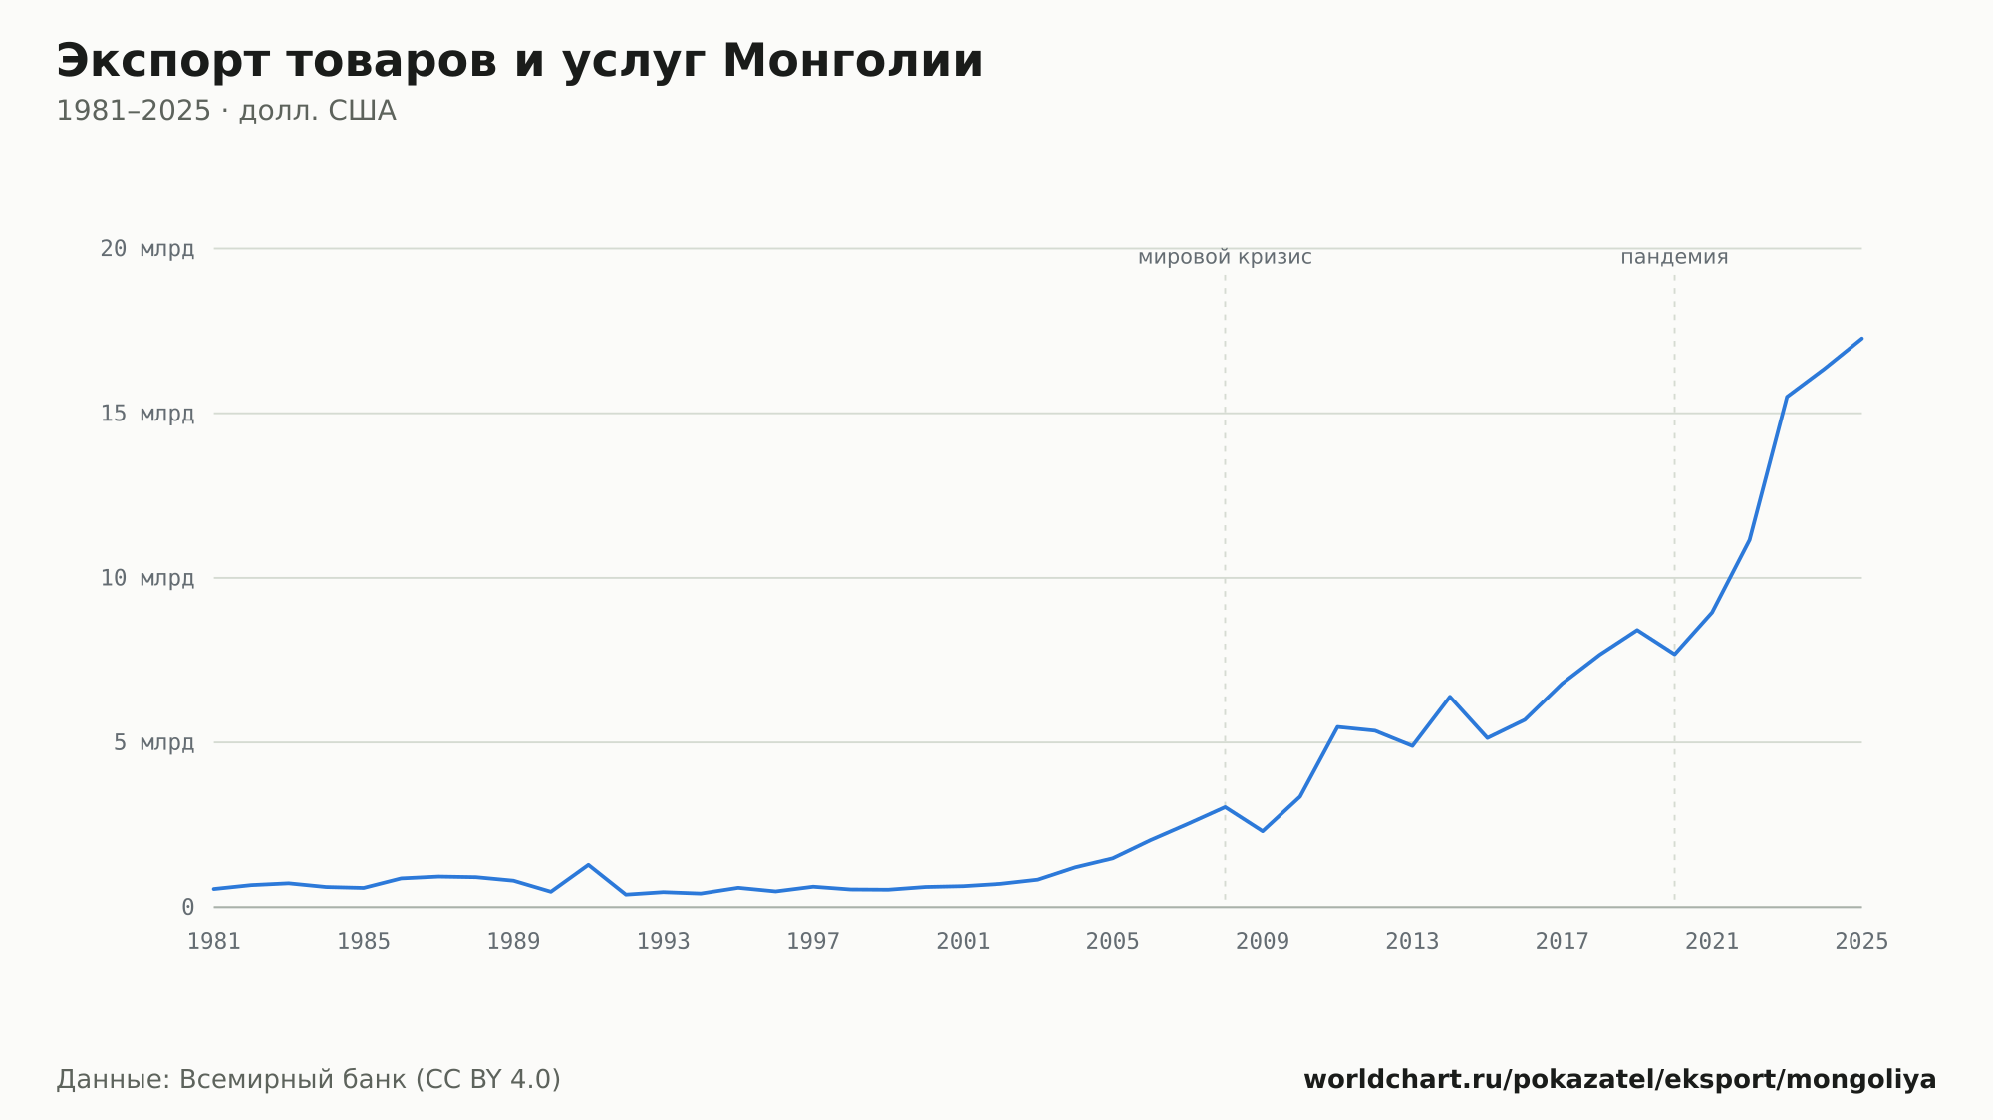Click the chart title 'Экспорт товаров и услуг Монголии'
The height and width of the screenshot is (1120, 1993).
click(x=519, y=62)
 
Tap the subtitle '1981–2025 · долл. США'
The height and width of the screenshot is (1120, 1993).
click(x=226, y=111)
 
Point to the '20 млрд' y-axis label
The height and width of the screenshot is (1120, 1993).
click(x=146, y=249)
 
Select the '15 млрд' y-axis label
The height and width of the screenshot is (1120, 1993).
click(x=146, y=414)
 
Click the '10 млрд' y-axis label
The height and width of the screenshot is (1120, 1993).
click(x=146, y=578)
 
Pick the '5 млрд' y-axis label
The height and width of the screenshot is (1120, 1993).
click(x=153, y=742)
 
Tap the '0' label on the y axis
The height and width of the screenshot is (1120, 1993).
click(x=187, y=907)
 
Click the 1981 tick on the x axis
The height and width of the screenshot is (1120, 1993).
click(x=214, y=942)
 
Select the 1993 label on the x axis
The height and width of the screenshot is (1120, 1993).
click(x=664, y=942)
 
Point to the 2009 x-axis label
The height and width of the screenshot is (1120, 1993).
click(x=1263, y=942)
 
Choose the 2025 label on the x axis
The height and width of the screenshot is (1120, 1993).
click(x=1861, y=942)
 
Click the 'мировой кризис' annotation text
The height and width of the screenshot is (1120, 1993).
click(x=1225, y=257)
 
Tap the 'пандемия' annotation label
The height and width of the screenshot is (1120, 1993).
click(x=1674, y=257)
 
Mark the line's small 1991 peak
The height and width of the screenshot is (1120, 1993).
click(x=588, y=865)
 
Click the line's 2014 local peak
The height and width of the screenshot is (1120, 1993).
click(x=1450, y=697)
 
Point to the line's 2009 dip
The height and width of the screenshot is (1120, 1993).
click(x=1263, y=831)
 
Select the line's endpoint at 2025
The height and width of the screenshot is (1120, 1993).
click(x=1861, y=339)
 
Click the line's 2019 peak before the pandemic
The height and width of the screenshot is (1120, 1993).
click(x=1636, y=630)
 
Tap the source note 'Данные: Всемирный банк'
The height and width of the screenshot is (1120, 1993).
click(x=231, y=1080)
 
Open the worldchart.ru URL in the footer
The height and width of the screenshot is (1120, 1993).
click(x=1620, y=1080)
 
